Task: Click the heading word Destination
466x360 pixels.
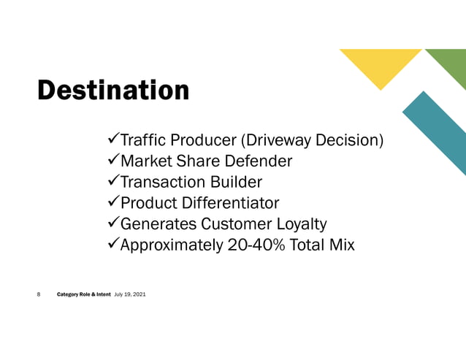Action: pos(113,91)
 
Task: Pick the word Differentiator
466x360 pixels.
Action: pos(232,203)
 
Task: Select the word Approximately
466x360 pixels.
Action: pos(169,245)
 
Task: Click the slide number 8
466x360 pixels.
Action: pos(39,294)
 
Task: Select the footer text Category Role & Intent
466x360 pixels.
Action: pos(84,294)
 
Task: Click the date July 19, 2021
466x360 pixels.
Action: pos(130,294)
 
